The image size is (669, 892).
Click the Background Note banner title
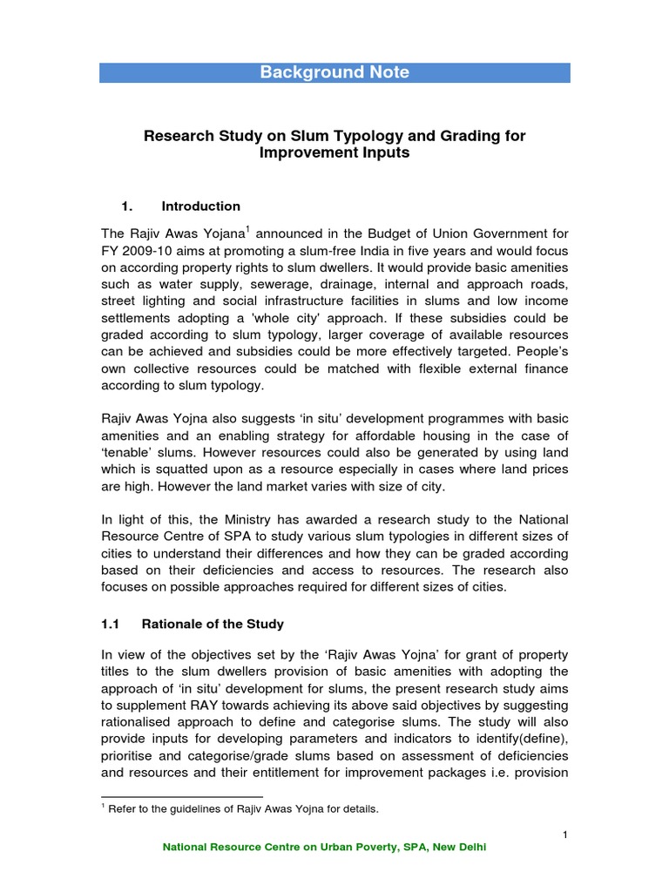[334, 72]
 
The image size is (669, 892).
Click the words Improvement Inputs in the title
[334, 153]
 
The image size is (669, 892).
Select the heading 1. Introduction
[181, 206]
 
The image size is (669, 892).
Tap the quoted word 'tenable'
[134, 453]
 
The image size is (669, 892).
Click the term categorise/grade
[230, 755]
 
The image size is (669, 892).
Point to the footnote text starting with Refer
[244, 809]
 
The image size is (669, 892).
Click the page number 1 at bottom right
[564, 835]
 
